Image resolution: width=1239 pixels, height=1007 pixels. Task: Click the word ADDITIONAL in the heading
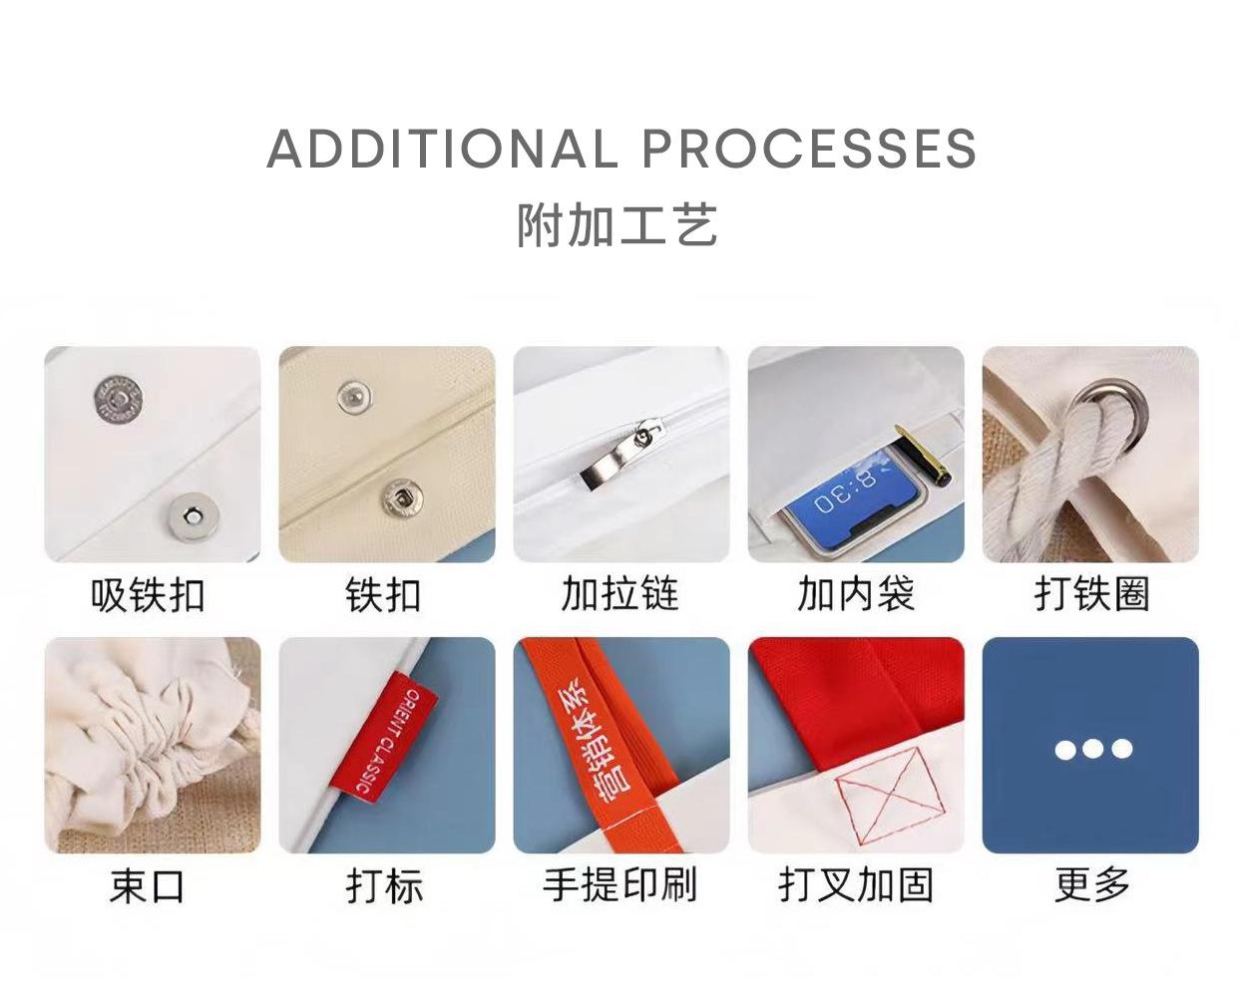[442, 150]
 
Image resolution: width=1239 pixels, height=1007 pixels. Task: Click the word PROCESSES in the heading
[808, 150]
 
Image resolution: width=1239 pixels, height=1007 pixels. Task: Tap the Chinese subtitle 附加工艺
[618, 225]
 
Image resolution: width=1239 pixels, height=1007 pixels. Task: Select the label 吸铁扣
[148, 595]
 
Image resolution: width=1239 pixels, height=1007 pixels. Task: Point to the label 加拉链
[619, 594]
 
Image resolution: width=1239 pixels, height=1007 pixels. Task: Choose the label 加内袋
[855, 594]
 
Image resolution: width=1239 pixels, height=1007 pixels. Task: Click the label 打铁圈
[1091, 594]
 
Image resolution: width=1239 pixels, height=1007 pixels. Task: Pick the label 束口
[148, 885]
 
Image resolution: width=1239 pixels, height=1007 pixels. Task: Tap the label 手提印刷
[619, 885]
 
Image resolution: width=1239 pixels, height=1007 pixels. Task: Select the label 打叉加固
[855, 885]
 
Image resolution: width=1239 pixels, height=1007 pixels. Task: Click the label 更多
[1091, 885]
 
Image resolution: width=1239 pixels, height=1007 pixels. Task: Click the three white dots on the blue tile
[1092, 749]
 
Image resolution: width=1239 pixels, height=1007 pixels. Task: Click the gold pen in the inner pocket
[924, 455]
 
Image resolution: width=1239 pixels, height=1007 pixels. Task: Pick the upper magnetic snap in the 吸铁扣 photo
[117, 398]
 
